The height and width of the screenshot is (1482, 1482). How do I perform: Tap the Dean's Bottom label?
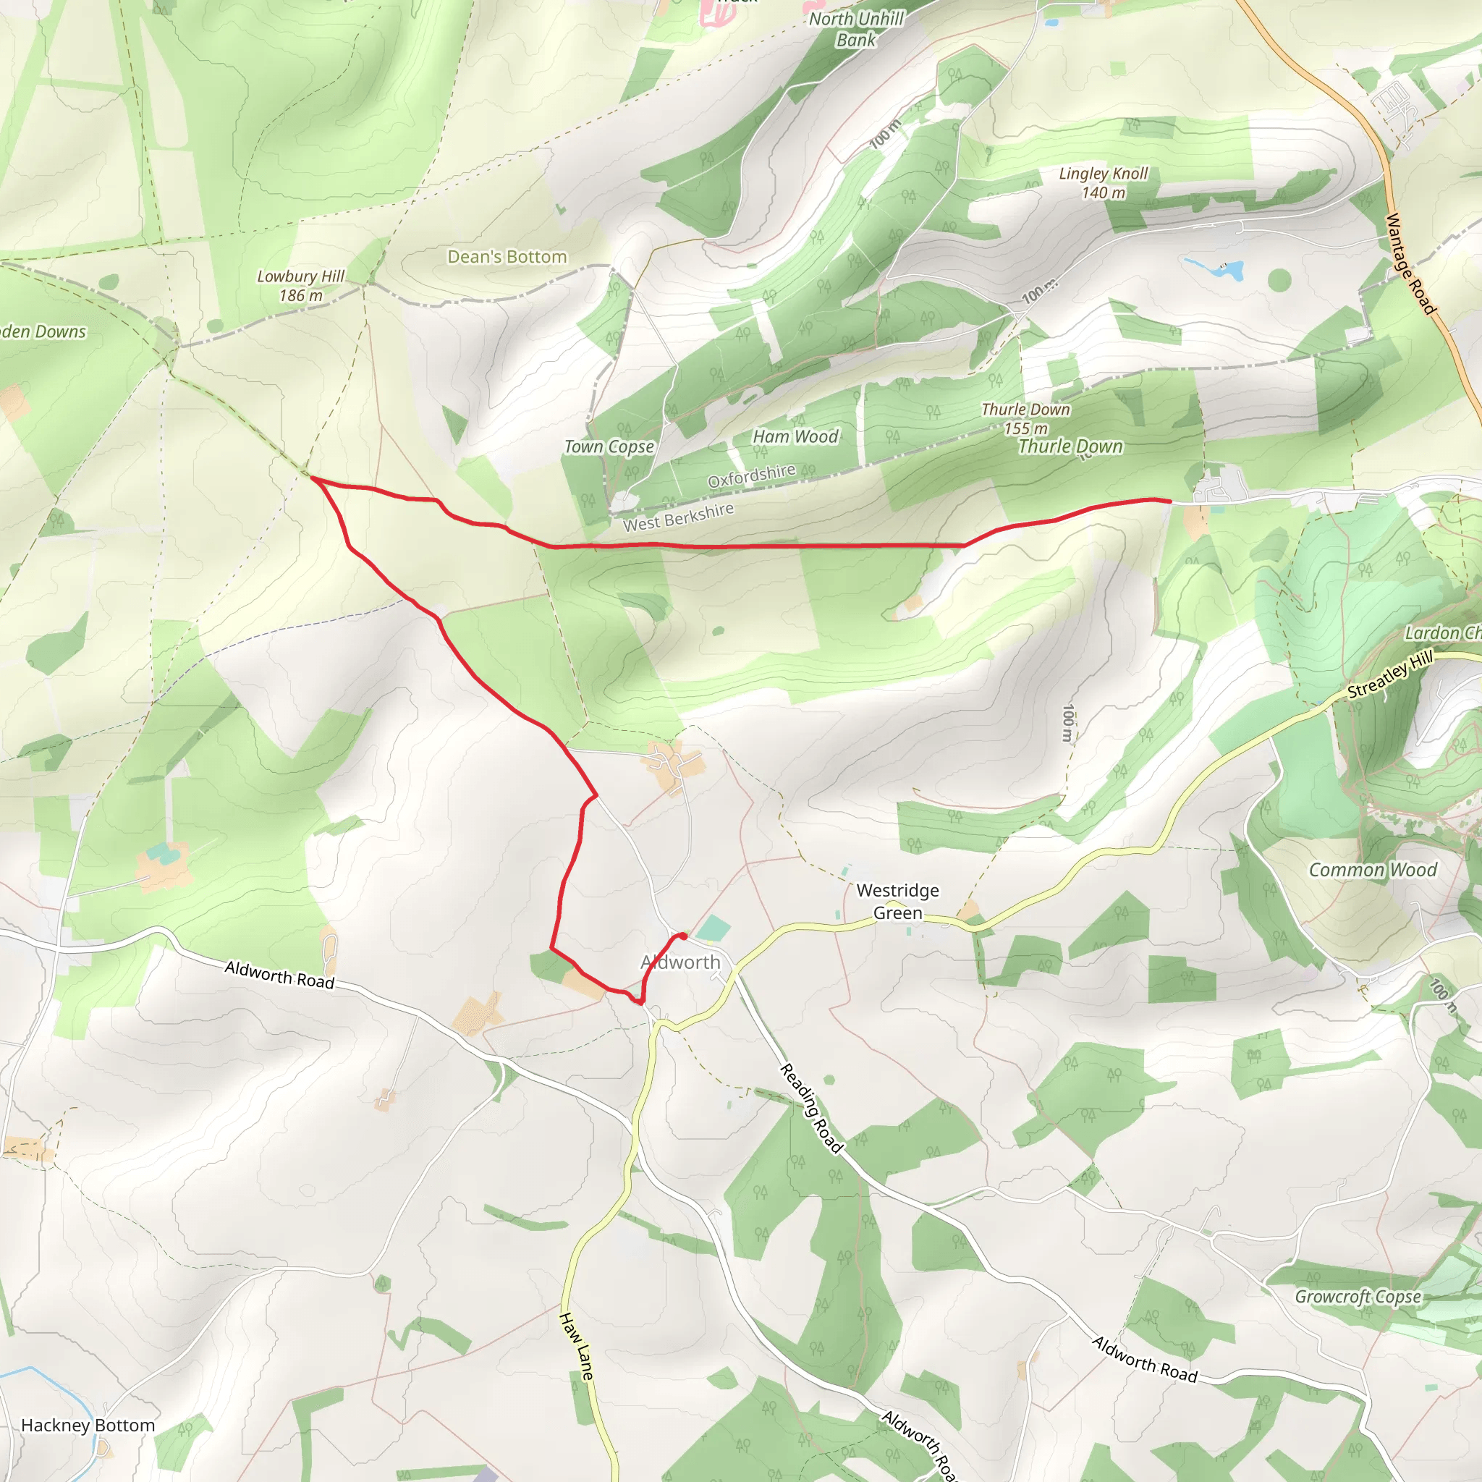[507, 257]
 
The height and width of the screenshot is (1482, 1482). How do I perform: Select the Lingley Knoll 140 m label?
[1103, 182]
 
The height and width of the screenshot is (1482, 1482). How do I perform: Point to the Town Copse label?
[609, 446]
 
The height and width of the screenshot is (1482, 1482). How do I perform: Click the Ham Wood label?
[795, 436]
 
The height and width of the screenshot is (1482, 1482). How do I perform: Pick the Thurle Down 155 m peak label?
[1025, 419]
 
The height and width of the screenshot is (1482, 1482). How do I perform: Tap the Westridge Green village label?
[897, 902]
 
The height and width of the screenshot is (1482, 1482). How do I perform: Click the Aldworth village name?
[680, 962]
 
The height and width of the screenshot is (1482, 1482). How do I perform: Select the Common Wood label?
[1372, 870]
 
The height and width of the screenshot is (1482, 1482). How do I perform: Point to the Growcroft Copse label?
[1358, 1296]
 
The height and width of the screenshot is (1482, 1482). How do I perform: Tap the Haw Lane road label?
[577, 1347]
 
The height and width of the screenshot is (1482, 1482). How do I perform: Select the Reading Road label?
[812, 1108]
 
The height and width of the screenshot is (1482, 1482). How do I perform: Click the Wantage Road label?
[1410, 263]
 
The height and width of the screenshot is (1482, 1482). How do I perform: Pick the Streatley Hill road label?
[1390, 674]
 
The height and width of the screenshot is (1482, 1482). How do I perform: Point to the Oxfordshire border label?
[751, 475]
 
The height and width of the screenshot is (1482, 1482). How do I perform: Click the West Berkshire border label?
[678, 517]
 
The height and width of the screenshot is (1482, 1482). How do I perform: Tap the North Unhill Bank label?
[856, 29]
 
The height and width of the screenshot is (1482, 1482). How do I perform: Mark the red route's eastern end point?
[1171, 501]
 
